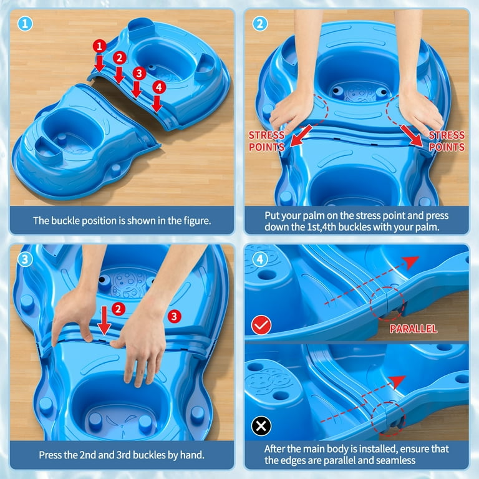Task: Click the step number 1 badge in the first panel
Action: tap(25, 24)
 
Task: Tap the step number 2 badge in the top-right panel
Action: tap(260, 24)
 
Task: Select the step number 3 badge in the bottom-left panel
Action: tap(25, 259)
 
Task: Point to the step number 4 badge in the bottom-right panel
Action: tap(260, 259)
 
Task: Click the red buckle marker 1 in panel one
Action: tap(99, 46)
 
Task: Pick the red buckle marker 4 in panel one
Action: tap(159, 87)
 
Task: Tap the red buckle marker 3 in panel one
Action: tap(139, 74)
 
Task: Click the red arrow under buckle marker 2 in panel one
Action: tap(119, 75)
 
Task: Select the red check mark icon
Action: tap(261, 325)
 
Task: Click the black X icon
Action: tap(261, 426)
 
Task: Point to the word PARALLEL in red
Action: tap(414, 329)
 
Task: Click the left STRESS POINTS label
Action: tap(266, 141)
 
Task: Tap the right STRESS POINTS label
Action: tap(447, 141)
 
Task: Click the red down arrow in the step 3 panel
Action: tap(104, 321)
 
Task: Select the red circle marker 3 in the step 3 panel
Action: tap(174, 316)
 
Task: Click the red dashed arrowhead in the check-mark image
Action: tap(411, 262)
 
